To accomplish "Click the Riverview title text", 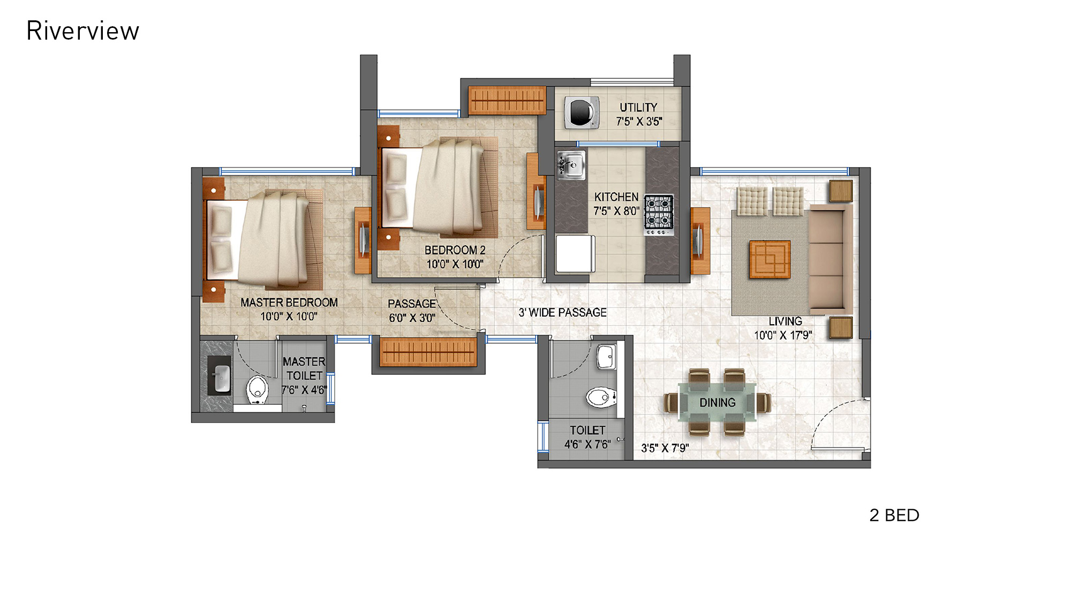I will [82, 31].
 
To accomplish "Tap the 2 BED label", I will [894, 515].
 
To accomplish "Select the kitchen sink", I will [571, 165].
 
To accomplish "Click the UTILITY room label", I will [638, 108].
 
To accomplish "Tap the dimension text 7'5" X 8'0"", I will [616, 211].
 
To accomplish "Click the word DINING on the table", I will [717, 403].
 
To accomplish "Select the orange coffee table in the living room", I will [770, 259].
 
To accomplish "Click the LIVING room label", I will [785, 321].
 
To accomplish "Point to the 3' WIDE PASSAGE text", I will [562, 313].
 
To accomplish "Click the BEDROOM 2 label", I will [455, 250].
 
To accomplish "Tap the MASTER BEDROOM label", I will [289, 303].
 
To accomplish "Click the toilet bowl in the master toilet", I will [257, 389].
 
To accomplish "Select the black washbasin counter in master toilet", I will [219, 375].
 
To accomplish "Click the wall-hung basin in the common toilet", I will [606, 357].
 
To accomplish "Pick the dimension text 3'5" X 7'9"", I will [665, 448].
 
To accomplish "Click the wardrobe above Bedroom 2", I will [507, 100].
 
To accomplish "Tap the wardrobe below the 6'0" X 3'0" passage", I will [428, 352].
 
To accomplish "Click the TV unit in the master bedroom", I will [363, 240].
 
